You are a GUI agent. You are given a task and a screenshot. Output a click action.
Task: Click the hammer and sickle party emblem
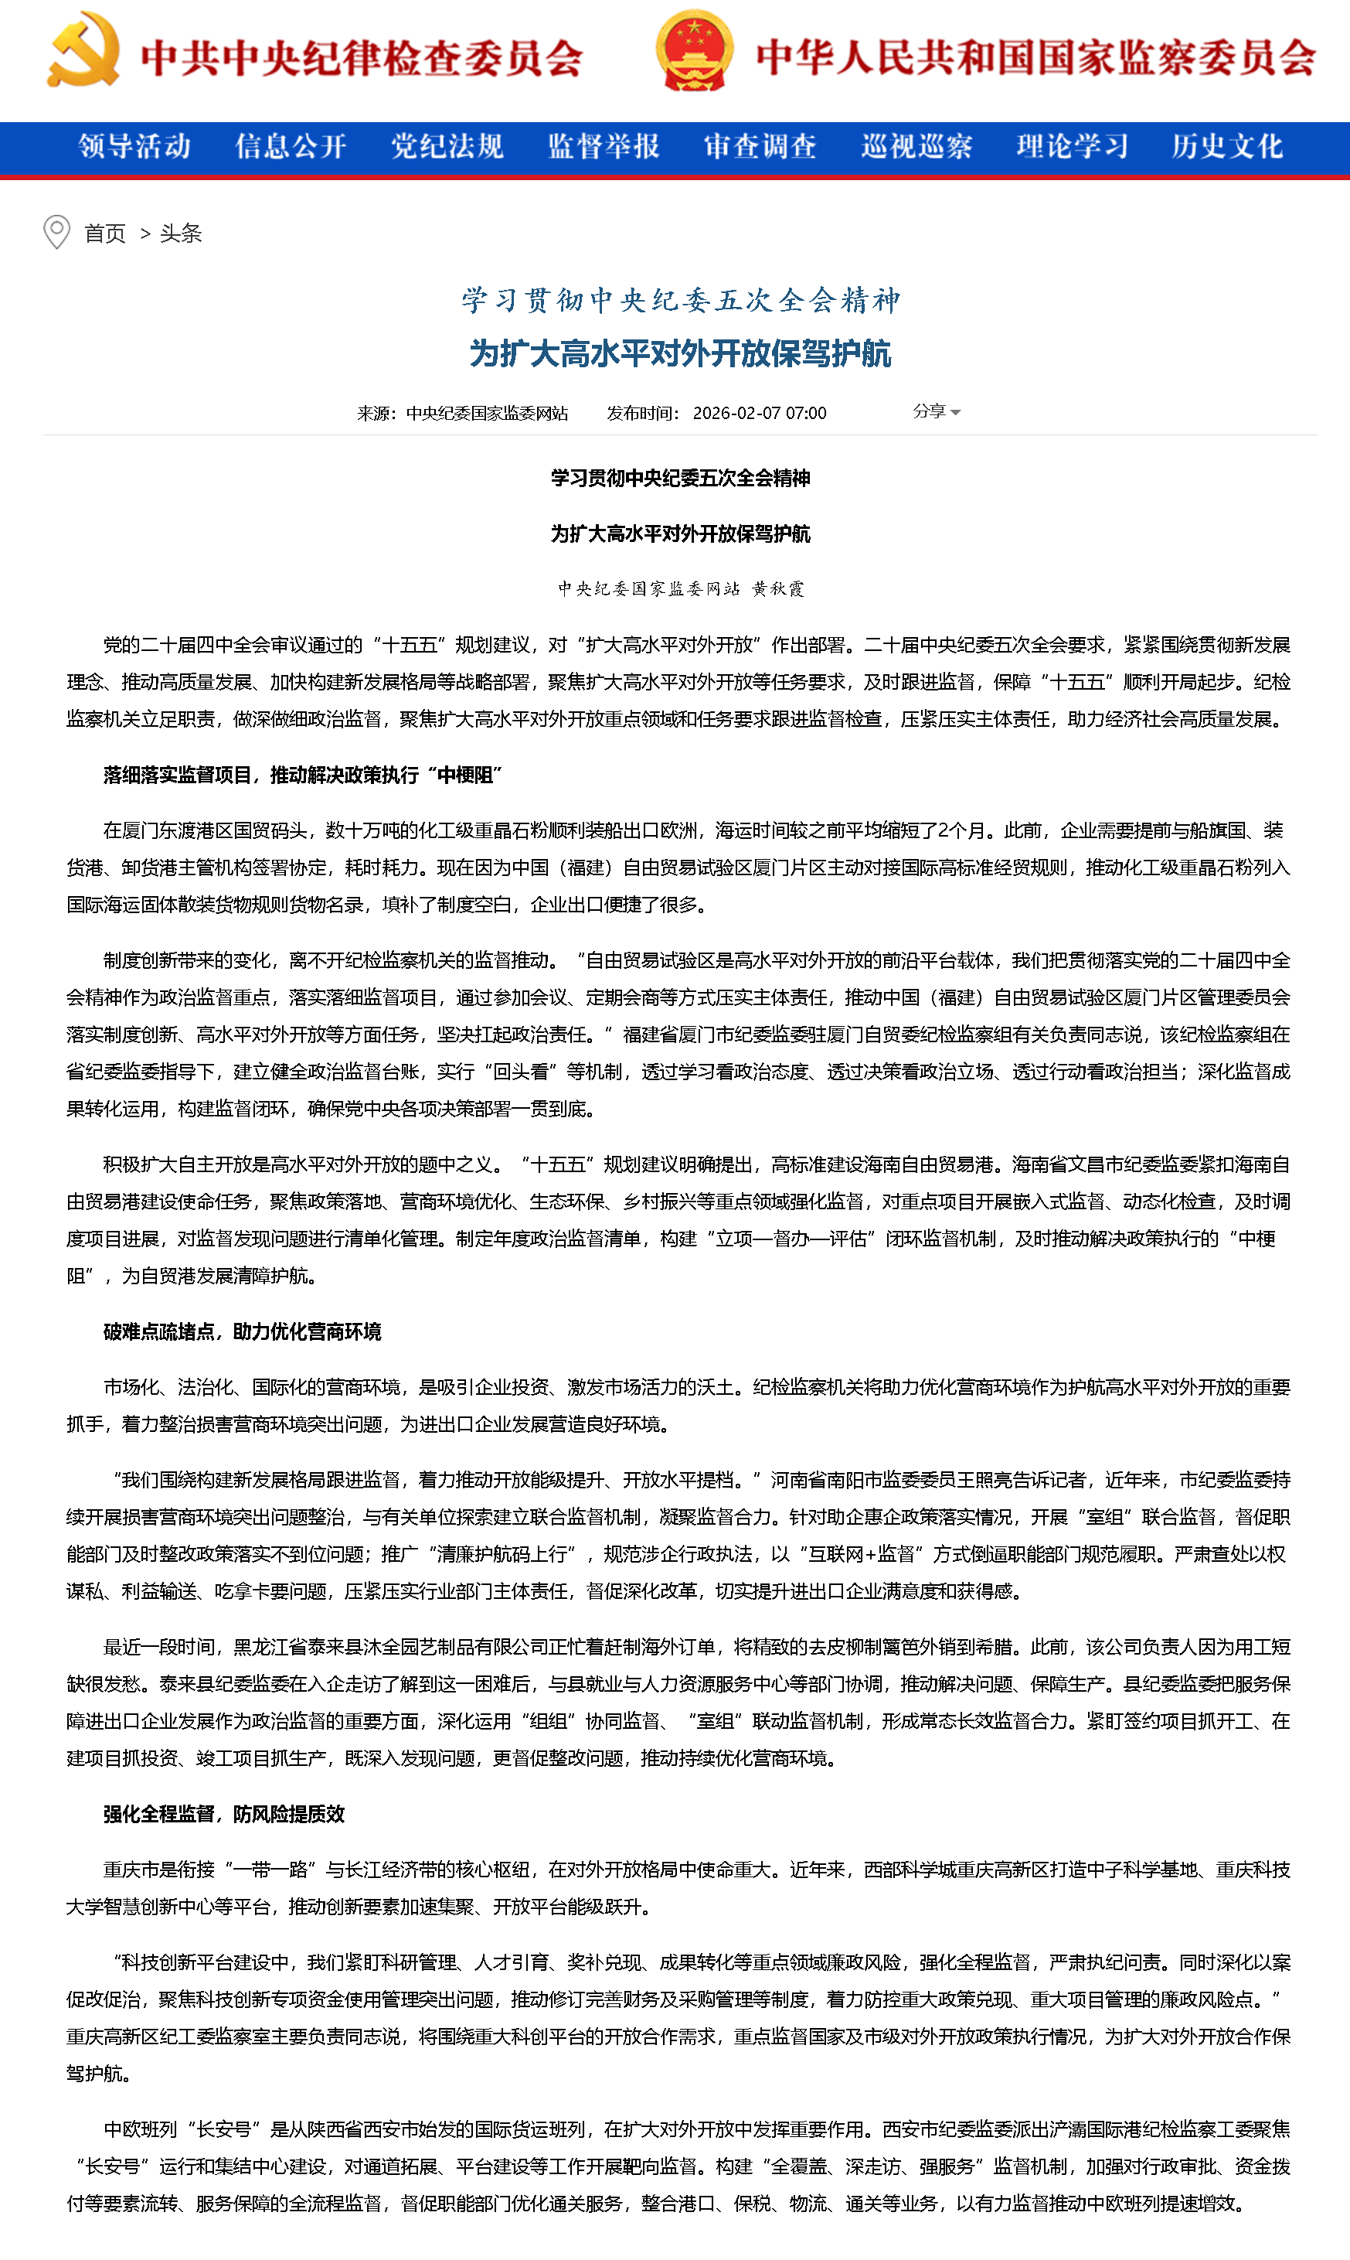[x=83, y=51]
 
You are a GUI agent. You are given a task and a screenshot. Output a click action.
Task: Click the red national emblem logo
[x=693, y=51]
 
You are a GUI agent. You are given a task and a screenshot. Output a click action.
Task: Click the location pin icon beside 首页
[x=56, y=232]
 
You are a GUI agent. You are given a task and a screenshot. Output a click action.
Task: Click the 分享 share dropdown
[x=936, y=411]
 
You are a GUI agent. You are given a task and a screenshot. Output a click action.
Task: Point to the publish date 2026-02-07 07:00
[x=760, y=413]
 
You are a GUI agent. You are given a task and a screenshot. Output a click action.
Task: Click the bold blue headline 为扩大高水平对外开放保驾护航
[x=681, y=353]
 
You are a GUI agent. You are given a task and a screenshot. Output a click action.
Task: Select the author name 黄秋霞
[x=778, y=589]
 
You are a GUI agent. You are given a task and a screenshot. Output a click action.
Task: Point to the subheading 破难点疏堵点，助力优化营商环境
[x=242, y=1331]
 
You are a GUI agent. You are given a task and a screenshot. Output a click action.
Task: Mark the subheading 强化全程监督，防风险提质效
[x=224, y=1814]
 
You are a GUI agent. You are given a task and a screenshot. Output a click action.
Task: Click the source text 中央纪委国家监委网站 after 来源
[x=487, y=413]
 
